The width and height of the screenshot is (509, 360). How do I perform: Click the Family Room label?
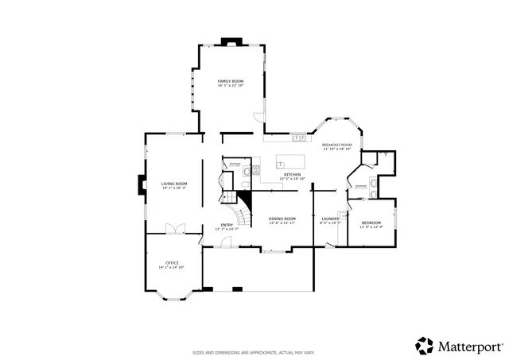pyautogui.click(x=231, y=81)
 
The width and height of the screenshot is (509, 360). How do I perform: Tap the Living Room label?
pyautogui.click(x=174, y=184)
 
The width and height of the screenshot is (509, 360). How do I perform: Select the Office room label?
pyautogui.click(x=172, y=262)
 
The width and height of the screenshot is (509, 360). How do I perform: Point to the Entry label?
pyautogui.click(x=227, y=225)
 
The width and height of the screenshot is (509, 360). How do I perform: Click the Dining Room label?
pyautogui.click(x=282, y=219)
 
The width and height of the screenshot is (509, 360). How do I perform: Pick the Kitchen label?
pyautogui.click(x=292, y=174)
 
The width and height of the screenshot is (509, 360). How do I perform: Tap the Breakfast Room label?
pyautogui.click(x=336, y=145)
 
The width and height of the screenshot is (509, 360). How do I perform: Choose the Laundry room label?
pyautogui.click(x=330, y=219)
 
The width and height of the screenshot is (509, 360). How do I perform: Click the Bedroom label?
pyautogui.click(x=371, y=223)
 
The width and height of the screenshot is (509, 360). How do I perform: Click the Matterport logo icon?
pyautogui.click(x=424, y=346)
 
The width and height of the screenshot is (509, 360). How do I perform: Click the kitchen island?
pyautogui.click(x=291, y=162)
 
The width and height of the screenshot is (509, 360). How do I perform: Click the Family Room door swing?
pyautogui.click(x=258, y=118)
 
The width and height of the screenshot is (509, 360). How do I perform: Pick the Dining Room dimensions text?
pyautogui.click(x=282, y=223)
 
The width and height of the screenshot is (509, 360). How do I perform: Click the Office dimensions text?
pyautogui.click(x=172, y=267)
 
